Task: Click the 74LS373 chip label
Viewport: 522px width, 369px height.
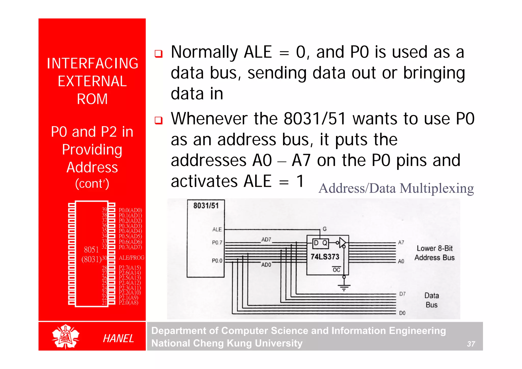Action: click(x=325, y=257)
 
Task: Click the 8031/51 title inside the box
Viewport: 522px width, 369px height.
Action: click(x=206, y=206)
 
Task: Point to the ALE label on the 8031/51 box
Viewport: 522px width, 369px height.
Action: click(x=217, y=229)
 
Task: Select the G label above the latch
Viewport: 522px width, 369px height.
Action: click(x=324, y=229)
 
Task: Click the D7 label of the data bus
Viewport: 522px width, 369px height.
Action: click(x=402, y=294)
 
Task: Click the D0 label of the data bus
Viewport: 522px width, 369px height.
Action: click(x=402, y=313)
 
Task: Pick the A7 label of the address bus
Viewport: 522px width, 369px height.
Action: click(x=401, y=242)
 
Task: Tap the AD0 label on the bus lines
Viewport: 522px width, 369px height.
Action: click(x=266, y=265)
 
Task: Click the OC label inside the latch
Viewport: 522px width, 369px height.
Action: click(x=336, y=270)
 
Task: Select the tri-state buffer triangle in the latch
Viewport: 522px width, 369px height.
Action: click(x=342, y=243)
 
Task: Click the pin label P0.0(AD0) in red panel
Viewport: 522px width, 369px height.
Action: click(x=130, y=210)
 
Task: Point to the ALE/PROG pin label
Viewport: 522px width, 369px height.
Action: click(x=132, y=258)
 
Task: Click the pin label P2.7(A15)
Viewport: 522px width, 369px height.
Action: click(x=130, y=268)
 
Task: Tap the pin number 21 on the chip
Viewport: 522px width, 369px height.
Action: click(x=104, y=303)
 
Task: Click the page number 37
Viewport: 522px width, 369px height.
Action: click(x=471, y=344)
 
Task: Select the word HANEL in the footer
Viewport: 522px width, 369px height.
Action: click(x=118, y=338)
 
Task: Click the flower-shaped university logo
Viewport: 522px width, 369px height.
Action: click(x=66, y=336)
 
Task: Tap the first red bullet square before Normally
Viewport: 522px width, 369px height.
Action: click(x=159, y=54)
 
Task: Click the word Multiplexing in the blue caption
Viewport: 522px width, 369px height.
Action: click(x=437, y=189)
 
